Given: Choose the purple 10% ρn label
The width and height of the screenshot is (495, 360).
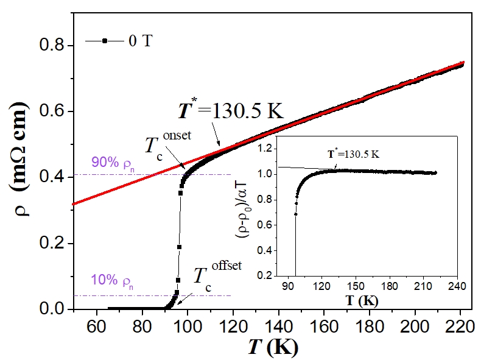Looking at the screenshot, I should tap(113, 283).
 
